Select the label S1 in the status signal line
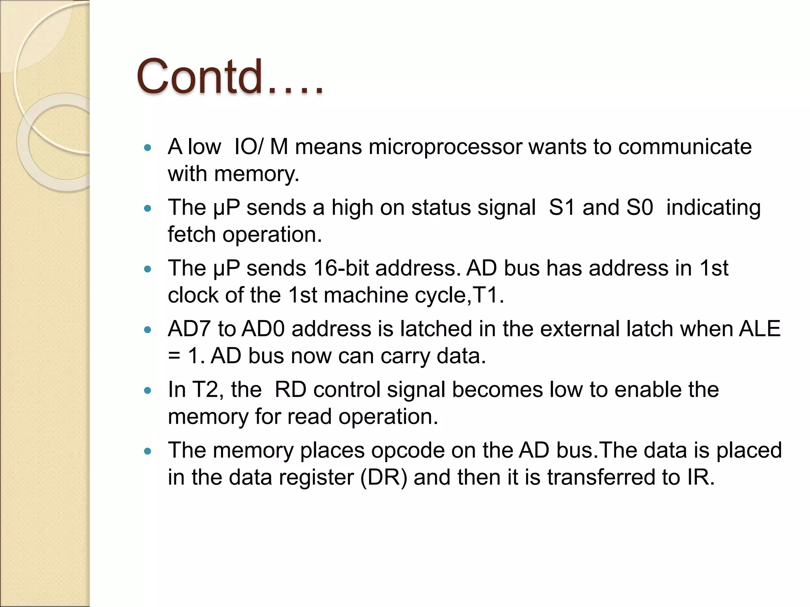tap(562, 207)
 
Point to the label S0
tap(640, 207)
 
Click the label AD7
tap(189, 329)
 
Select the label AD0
tap(263, 329)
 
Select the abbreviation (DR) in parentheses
tap(384, 477)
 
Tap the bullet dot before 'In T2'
tap(148, 391)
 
